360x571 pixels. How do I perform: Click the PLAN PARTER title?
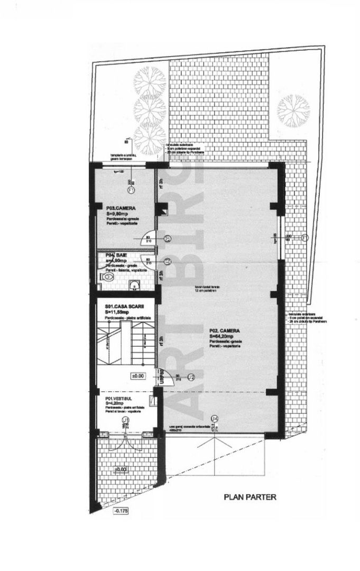(x=251, y=497)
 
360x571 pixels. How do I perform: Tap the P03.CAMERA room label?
(x=118, y=208)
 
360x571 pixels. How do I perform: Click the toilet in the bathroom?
(x=107, y=277)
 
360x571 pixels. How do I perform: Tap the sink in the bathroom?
(x=134, y=286)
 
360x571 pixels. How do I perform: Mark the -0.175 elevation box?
(x=120, y=511)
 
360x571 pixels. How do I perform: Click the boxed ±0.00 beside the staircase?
(x=137, y=375)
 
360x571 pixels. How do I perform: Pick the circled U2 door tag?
(x=192, y=377)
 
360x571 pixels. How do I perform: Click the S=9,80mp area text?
(x=117, y=214)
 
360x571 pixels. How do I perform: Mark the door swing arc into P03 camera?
(x=144, y=239)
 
